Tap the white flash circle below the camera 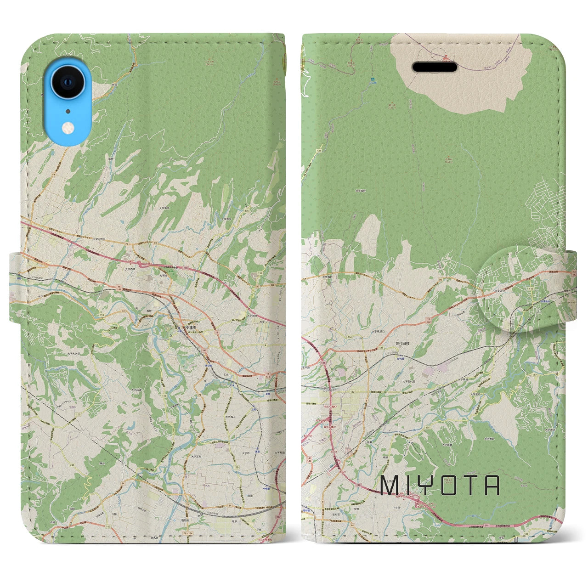(68, 126)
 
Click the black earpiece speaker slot (434, 68)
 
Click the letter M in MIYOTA (388, 486)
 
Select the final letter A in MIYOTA (492, 486)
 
